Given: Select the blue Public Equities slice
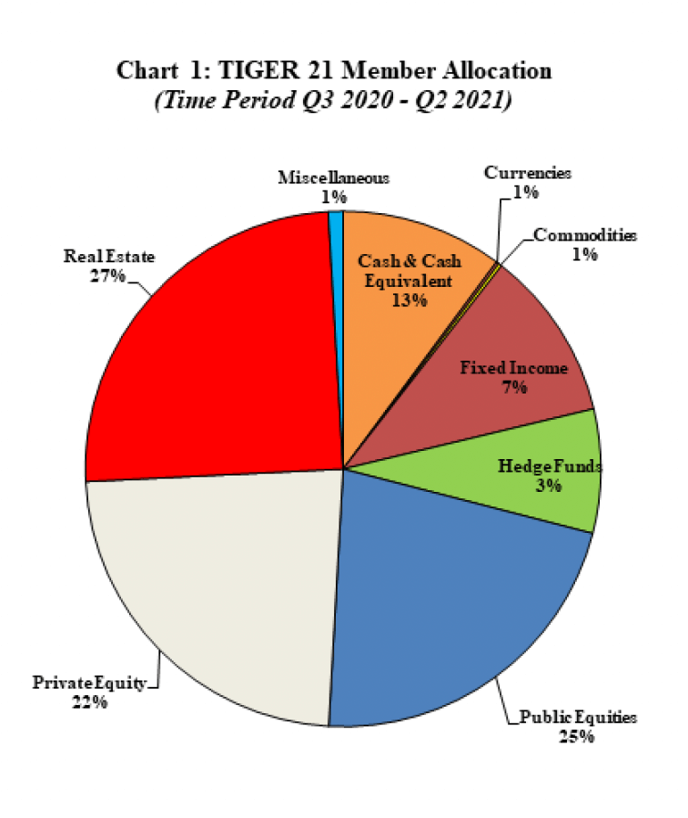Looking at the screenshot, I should pos(455,601).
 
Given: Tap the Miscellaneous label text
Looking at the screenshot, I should pos(333,179).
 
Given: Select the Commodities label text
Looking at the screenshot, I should pos(585,236).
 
